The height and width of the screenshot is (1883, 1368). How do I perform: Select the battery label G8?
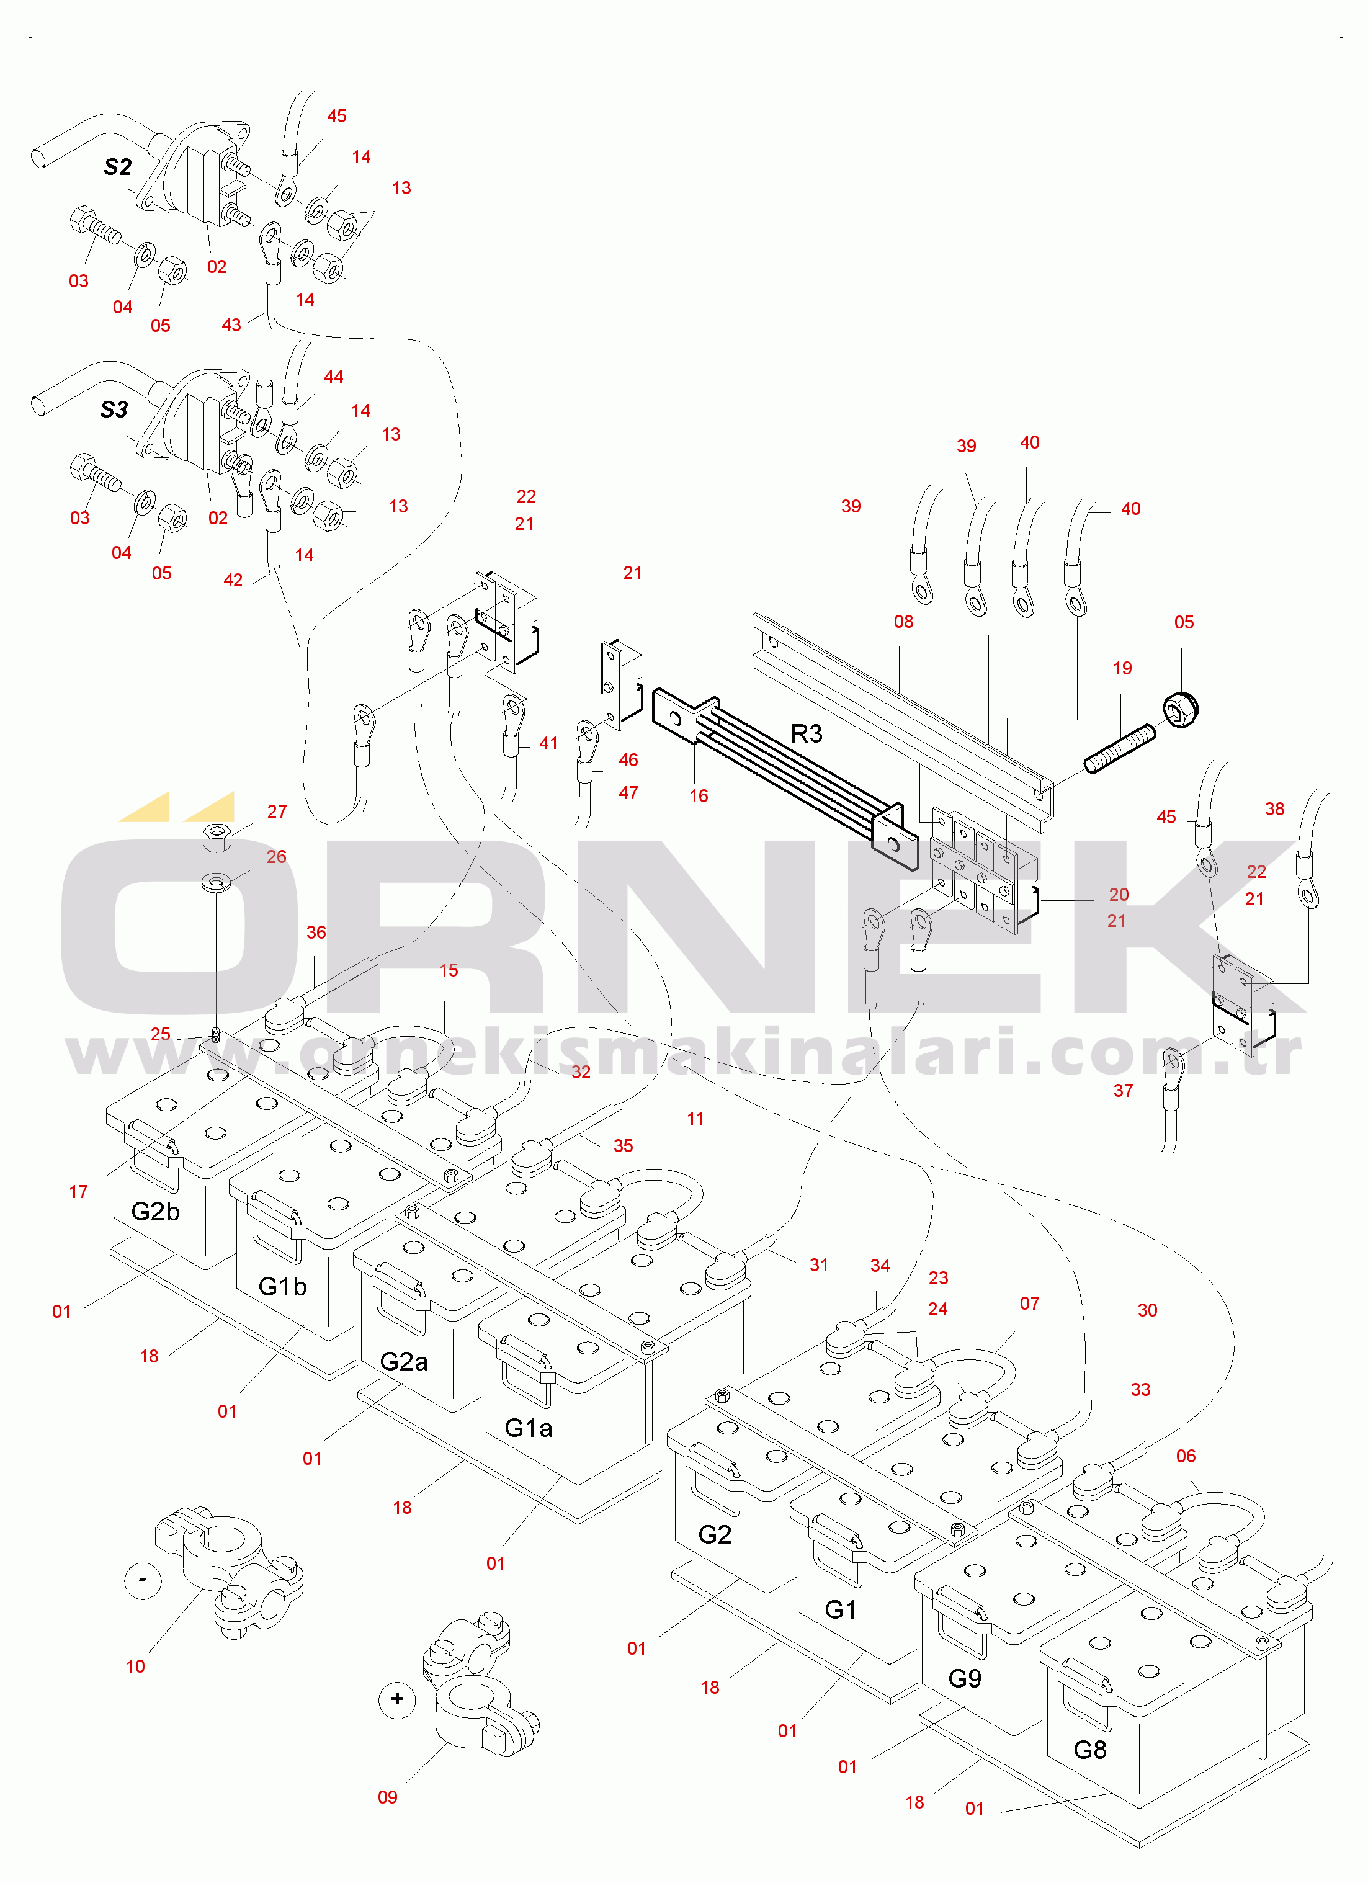[1090, 1750]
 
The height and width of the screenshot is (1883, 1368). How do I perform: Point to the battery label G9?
[965, 1678]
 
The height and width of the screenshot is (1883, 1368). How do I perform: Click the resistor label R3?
[806, 733]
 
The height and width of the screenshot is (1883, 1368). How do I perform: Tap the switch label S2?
[118, 167]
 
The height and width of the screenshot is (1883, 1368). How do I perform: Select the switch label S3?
[115, 409]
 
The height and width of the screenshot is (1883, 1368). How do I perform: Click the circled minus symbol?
[143, 1580]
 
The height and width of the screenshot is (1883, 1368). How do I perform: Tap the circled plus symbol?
[397, 1699]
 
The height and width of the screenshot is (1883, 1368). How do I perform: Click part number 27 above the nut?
[277, 811]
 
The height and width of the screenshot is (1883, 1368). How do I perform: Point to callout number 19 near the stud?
[1122, 668]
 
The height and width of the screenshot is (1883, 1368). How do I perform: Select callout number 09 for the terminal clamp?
[388, 1797]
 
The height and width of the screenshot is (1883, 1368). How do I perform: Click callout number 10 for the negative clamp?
[135, 1666]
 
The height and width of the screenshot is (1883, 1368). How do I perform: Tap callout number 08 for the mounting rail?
[904, 622]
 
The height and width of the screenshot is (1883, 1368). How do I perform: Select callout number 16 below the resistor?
[699, 795]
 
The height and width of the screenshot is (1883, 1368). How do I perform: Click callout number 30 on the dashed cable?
[1147, 1310]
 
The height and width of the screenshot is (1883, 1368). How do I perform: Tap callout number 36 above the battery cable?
[316, 933]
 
